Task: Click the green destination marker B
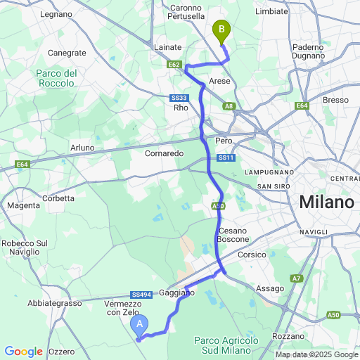(x=221, y=30)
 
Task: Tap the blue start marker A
(x=139, y=324)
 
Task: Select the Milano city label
(x=326, y=202)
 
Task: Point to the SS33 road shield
(x=179, y=98)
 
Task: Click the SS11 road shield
(x=225, y=158)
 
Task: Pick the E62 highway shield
(x=176, y=64)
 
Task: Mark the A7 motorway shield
(x=297, y=279)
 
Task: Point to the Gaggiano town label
(x=176, y=292)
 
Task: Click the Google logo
(x=23, y=351)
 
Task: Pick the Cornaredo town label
(x=164, y=153)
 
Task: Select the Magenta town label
(x=23, y=205)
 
